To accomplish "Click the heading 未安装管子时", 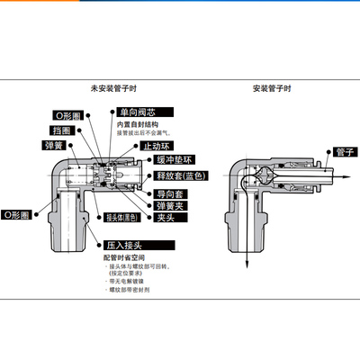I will click(x=112, y=88).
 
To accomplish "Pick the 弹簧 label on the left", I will click(x=54, y=144).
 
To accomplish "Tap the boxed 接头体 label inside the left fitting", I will click(x=121, y=217).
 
